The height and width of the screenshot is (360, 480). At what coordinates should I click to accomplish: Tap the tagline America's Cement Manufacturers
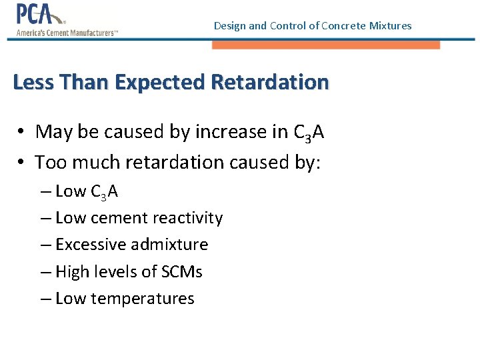tap(66, 33)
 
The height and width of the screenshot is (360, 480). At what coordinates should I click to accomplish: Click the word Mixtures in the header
tap(390, 26)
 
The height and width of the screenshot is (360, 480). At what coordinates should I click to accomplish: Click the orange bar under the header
tap(326, 45)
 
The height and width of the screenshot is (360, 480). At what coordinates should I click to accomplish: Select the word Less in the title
tap(33, 82)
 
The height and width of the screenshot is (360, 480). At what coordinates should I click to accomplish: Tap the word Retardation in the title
tap(269, 82)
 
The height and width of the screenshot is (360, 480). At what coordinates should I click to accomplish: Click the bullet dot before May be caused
tap(22, 132)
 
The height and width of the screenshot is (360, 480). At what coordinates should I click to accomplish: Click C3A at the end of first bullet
tap(309, 132)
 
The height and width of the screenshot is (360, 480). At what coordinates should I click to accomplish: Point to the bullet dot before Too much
tap(22, 162)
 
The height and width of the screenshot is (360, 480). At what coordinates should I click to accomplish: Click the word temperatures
tap(142, 299)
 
